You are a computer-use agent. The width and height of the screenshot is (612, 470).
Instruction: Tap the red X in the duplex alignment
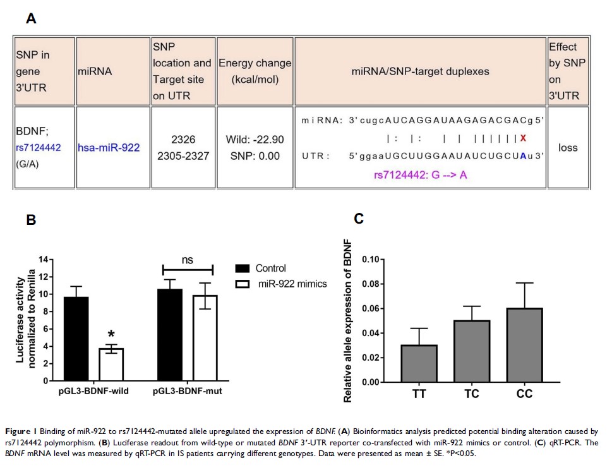[522, 138]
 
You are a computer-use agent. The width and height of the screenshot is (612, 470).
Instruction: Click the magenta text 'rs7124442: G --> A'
[420, 175]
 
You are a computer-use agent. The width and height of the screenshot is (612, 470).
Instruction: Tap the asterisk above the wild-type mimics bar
[111, 334]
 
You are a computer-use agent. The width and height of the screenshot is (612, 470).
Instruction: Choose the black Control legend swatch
[243, 268]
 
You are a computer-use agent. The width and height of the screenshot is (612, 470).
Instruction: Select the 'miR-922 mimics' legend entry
[292, 284]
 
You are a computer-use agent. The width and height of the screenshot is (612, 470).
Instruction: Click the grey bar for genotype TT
[419, 363]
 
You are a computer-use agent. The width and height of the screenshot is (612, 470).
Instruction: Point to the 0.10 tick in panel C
[374, 260]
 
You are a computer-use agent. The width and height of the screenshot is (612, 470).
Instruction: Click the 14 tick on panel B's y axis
[43, 259]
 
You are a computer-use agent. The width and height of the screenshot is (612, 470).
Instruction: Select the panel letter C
[359, 219]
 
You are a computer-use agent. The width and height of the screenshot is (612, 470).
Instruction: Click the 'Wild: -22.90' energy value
[255, 138]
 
